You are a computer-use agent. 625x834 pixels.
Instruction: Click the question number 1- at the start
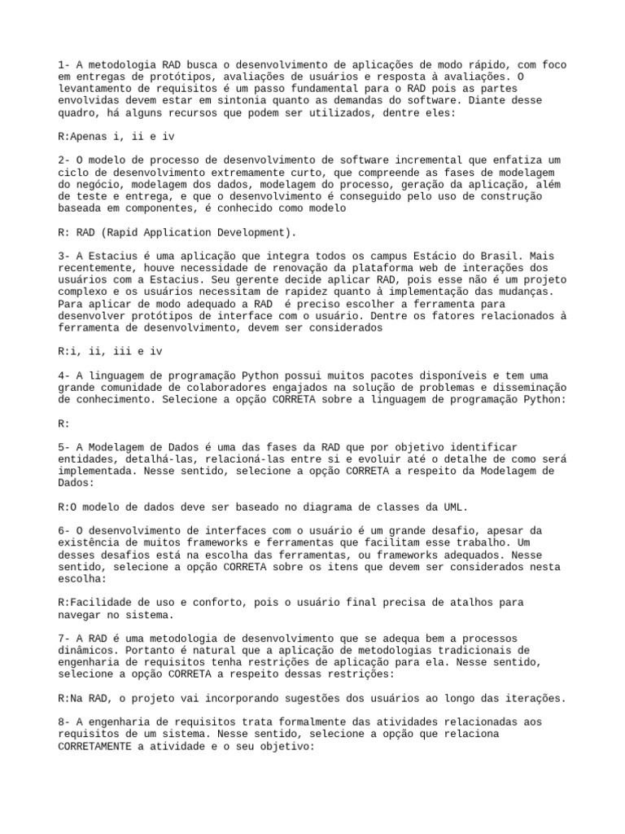[64, 64]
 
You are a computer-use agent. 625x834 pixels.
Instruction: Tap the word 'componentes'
[163, 208]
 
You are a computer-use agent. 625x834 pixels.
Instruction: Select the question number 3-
[64, 256]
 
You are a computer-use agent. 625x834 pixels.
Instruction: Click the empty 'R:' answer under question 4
[64, 424]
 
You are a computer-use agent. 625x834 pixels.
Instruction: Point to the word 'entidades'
[85, 459]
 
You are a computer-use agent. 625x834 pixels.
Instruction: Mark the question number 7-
[64, 639]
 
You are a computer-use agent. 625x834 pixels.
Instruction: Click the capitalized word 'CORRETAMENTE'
[97, 747]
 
